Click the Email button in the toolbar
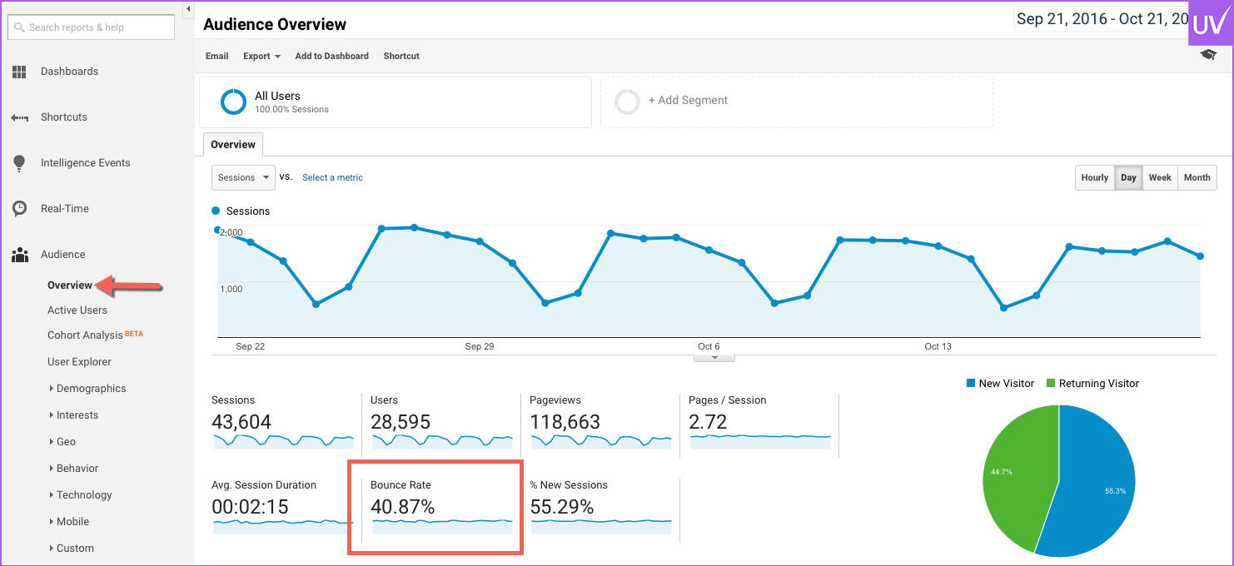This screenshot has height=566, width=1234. click(216, 56)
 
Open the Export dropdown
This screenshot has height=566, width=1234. click(261, 56)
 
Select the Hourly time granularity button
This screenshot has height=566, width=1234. click(1094, 177)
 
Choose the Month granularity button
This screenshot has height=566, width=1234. click(1197, 177)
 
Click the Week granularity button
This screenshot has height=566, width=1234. click(1159, 177)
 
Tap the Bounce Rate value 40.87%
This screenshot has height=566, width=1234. click(403, 507)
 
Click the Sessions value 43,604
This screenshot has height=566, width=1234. click(241, 422)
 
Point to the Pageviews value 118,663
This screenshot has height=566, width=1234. click(565, 422)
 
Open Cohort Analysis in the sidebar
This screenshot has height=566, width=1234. click(86, 335)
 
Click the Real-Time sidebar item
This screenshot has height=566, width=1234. click(65, 209)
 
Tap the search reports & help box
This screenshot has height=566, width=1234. click(92, 27)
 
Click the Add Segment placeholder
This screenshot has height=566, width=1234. click(688, 101)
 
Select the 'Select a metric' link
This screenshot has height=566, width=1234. click(332, 177)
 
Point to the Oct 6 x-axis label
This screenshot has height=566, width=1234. click(709, 346)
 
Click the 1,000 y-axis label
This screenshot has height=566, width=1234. click(231, 289)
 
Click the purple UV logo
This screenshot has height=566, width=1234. click(1209, 23)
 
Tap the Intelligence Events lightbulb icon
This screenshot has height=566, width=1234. click(19, 163)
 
